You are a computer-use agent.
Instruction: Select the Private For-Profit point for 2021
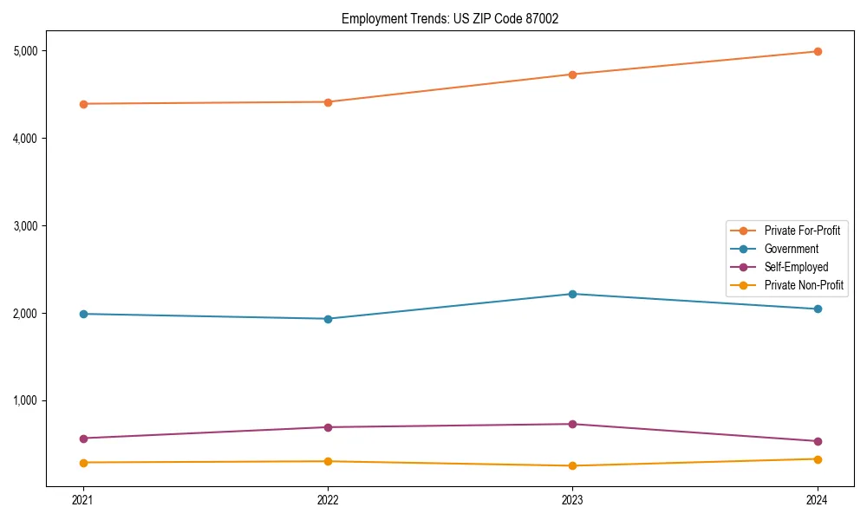(x=83, y=104)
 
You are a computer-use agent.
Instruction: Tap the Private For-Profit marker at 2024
(x=817, y=52)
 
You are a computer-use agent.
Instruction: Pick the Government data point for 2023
(x=572, y=294)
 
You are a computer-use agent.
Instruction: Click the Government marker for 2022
(x=328, y=319)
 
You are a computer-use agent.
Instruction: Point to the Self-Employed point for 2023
(x=572, y=424)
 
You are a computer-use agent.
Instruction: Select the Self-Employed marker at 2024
(x=817, y=441)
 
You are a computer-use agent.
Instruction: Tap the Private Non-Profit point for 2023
(x=572, y=466)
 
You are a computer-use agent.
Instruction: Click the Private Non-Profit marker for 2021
(x=83, y=463)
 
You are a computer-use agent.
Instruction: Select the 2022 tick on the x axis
(x=328, y=500)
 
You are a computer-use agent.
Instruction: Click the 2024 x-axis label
(x=817, y=500)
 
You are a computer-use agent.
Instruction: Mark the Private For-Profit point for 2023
(x=572, y=75)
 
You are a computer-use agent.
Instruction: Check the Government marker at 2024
(x=817, y=309)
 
